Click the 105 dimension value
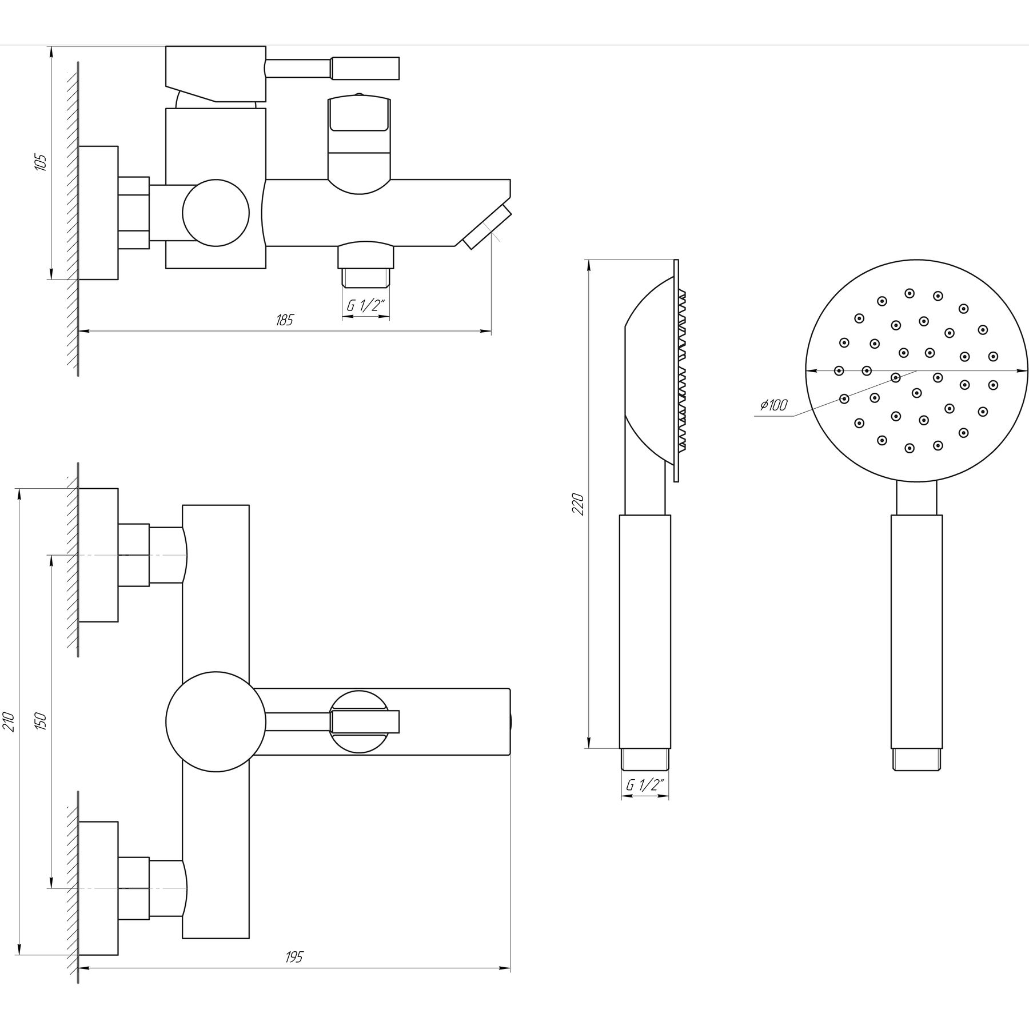coord(41,162)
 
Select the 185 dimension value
coord(284,320)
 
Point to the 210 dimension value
coord(8,721)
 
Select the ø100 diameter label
coord(773,405)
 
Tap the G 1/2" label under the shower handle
coord(645,785)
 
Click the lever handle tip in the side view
coord(365,68)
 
